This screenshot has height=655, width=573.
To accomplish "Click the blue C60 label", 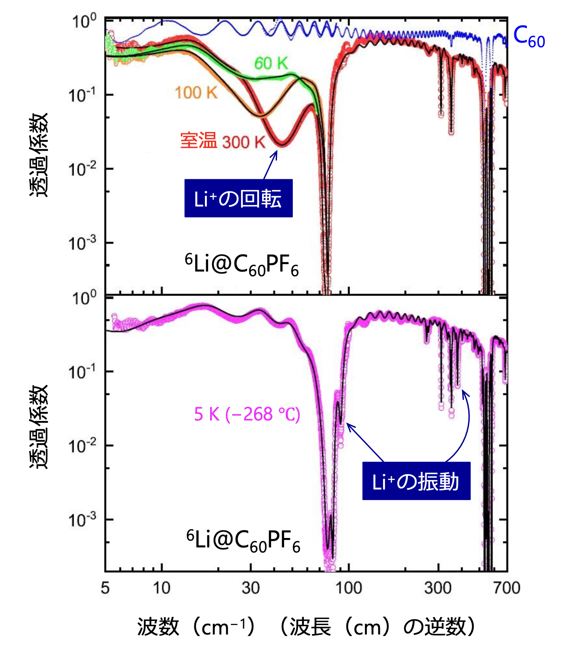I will click(529, 37).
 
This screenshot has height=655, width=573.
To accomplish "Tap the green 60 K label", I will click(271, 63).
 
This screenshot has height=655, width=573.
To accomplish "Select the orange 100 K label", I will click(196, 93).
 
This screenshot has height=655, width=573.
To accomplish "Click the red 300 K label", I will click(244, 142).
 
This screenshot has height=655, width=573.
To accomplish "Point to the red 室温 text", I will click(198, 141).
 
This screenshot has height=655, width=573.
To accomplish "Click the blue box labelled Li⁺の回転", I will click(238, 198).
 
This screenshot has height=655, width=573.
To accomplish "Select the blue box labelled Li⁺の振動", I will click(416, 481).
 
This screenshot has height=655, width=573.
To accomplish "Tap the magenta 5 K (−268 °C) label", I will click(247, 414).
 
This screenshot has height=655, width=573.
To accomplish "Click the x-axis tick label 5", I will click(105, 588).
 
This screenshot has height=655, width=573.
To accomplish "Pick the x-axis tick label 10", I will click(161, 588).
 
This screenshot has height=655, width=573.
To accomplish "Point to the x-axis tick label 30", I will click(251, 588).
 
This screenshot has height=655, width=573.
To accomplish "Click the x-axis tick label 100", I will click(348, 588).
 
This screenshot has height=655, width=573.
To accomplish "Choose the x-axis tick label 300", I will click(438, 588).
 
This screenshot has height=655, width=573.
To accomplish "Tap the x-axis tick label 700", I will click(507, 588).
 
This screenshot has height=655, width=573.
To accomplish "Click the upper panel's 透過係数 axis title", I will click(39, 154).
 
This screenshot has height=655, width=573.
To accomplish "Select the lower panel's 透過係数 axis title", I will click(39, 427).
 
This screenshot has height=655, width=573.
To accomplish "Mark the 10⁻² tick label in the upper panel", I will click(82, 169).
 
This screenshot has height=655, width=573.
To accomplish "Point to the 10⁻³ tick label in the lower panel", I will click(82, 520).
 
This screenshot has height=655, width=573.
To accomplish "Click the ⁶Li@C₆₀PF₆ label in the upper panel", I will click(242, 264).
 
